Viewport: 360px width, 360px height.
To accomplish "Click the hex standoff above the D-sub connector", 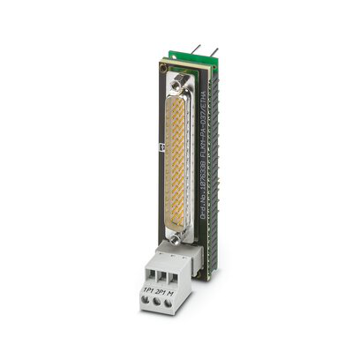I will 185,86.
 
